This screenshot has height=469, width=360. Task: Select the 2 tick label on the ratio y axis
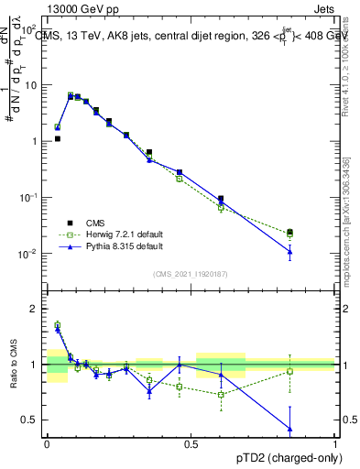(x=37, y=309)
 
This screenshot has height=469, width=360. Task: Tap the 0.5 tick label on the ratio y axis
(x=33, y=420)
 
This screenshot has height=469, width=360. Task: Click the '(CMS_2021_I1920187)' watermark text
(x=190, y=274)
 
